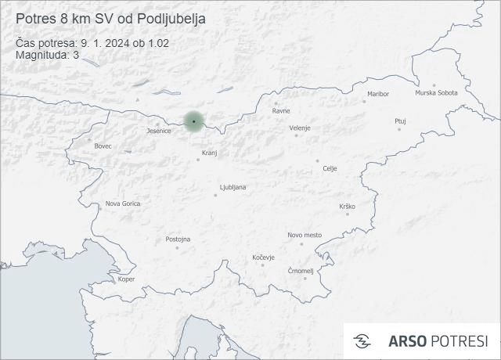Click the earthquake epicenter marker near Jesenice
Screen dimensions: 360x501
coord(193,121)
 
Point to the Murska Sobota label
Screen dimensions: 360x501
coord(436,93)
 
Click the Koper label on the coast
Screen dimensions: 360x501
coord(126,279)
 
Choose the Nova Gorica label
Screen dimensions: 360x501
coord(123,203)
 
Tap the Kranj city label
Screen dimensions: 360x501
coord(209,153)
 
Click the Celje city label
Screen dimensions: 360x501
coord(330,168)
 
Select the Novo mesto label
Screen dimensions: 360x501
coord(305,235)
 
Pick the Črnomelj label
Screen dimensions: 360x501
coord(301,271)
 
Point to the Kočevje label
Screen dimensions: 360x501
coord(264,257)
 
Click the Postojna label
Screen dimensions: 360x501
coord(178,239)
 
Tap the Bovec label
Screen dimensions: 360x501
coord(103,146)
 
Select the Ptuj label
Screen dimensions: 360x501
coord(401,121)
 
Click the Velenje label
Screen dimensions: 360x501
coord(300,128)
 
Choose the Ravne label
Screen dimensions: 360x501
coord(281,110)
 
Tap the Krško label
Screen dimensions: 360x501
coord(348,206)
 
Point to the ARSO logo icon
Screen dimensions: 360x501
coord(362,340)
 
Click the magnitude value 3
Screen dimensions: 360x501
coord(76,55)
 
